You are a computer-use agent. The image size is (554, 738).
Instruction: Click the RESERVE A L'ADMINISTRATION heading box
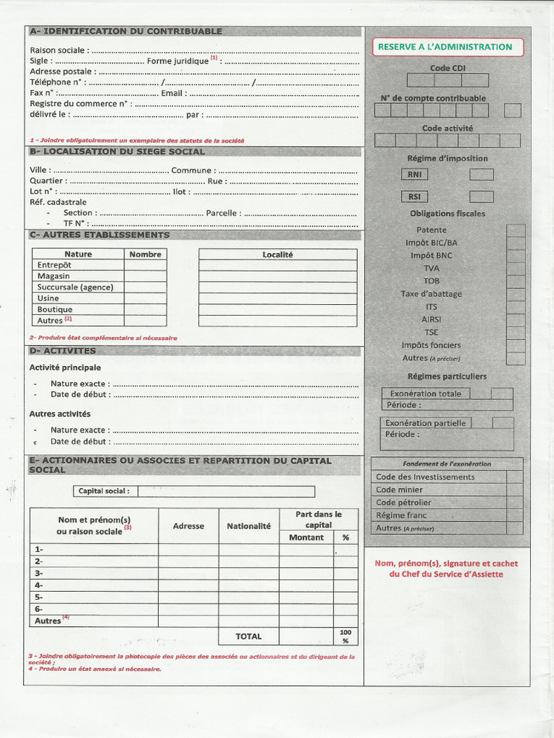coord(445,47)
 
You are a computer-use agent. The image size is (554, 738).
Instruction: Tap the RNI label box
coord(414,174)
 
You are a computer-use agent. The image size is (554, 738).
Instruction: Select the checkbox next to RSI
coord(481,197)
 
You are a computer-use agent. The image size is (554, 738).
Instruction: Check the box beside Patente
coord(515,231)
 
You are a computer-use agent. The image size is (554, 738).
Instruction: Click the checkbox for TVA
coord(515,269)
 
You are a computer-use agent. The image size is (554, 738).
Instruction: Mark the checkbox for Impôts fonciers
coord(515,345)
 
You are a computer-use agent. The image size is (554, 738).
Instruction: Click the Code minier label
coord(400,490)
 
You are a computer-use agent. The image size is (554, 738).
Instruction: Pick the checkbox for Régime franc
coord(514,515)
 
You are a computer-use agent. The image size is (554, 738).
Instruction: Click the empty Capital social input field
coord(226,492)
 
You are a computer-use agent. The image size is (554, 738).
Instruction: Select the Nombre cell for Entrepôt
coord(145,265)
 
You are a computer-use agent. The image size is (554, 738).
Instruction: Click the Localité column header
coord(278,254)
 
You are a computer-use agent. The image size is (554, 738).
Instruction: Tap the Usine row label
coord(48,298)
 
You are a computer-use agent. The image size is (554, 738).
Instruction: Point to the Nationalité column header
coord(249,526)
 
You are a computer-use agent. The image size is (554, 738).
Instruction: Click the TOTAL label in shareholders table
coord(249,636)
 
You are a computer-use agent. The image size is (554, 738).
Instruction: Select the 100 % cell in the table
coord(346,636)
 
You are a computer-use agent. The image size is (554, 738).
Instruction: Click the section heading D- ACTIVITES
coord(63,351)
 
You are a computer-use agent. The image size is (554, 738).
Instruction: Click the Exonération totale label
coord(426,394)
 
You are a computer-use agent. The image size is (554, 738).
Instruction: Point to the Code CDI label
coord(448,68)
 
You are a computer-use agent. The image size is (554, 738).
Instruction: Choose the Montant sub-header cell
coord(307,538)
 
